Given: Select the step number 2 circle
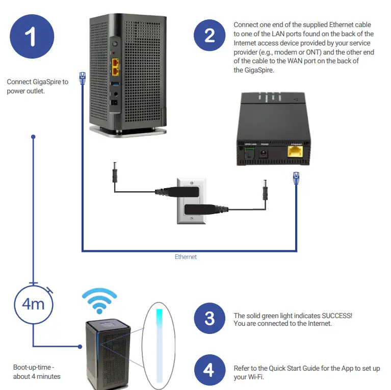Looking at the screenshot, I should coord(210,36).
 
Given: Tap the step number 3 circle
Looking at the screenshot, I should coord(210,319).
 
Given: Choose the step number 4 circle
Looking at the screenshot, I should coord(210,370).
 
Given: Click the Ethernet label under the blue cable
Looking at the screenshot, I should coord(186,257).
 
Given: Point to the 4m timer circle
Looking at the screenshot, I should coord(33,305).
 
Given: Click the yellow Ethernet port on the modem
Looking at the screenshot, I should coord(296,154).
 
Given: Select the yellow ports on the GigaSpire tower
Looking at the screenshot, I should coord(116,64).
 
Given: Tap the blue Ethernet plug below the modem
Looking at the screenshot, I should coord(296,178).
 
